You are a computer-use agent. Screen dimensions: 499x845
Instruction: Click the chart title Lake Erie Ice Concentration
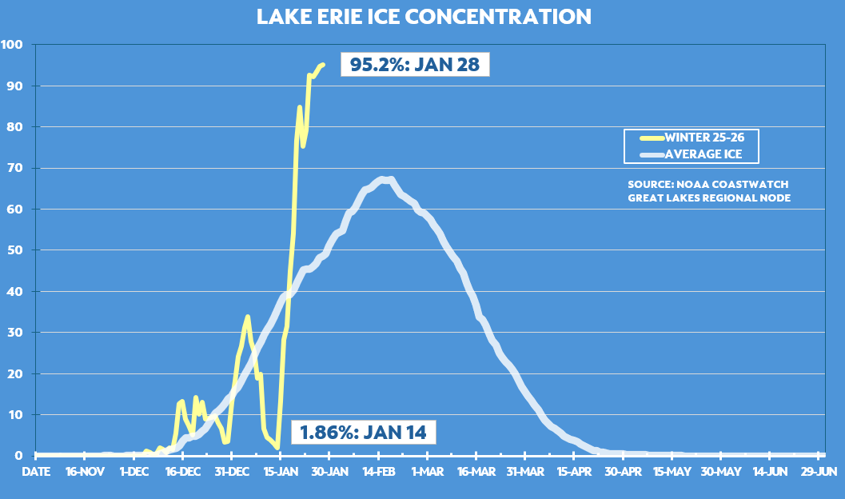pos(424,17)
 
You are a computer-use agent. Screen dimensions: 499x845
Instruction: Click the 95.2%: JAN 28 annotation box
pos(414,64)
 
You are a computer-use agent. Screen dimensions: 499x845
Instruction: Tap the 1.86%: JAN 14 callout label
pos(363,433)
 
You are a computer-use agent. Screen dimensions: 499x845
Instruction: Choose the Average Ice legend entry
pos(688,154)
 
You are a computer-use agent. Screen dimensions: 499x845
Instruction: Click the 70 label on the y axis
pos(14,168)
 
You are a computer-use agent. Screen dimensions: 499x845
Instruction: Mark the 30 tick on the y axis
pos(14,333)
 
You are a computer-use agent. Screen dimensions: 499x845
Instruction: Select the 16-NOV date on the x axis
pos(85,472)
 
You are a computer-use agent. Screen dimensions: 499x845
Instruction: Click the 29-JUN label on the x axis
pos(819,472)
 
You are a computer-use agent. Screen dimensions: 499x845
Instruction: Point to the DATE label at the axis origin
pos(36,472)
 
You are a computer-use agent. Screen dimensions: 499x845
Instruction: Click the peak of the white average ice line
pos(385,179)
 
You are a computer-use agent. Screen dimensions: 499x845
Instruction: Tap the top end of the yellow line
pos(322,65)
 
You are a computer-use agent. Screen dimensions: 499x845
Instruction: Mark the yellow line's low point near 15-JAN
pos(277,447)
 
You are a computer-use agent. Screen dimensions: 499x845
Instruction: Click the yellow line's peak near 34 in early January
pos(248,317)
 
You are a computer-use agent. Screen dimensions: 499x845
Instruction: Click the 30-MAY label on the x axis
pos(721,472)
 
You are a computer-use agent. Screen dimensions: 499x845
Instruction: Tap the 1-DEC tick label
pos(134,472)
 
